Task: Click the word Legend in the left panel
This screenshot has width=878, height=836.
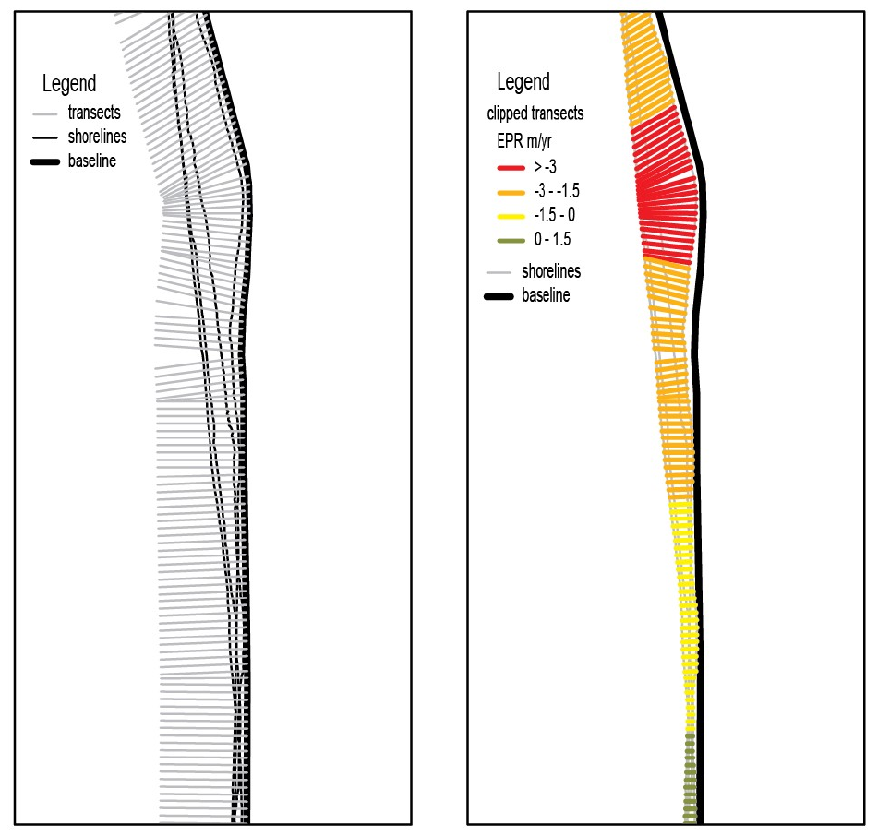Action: [x=69, y=85]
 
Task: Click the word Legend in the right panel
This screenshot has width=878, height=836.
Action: [x=523, y=82]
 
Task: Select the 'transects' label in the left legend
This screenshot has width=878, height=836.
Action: [x=94, y=113]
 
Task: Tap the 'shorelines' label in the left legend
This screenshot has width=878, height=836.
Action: [x=97, y=137]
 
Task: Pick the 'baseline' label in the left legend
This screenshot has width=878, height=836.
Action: [x=92, y=161]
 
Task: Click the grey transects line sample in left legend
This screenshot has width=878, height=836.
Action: [x=45, y=114]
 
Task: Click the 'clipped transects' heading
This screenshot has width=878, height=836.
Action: [x=535, y=114]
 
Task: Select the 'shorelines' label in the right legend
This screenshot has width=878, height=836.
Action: [x=551, y=271]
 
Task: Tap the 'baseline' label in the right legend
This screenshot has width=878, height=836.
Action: [x=546, y=295]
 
